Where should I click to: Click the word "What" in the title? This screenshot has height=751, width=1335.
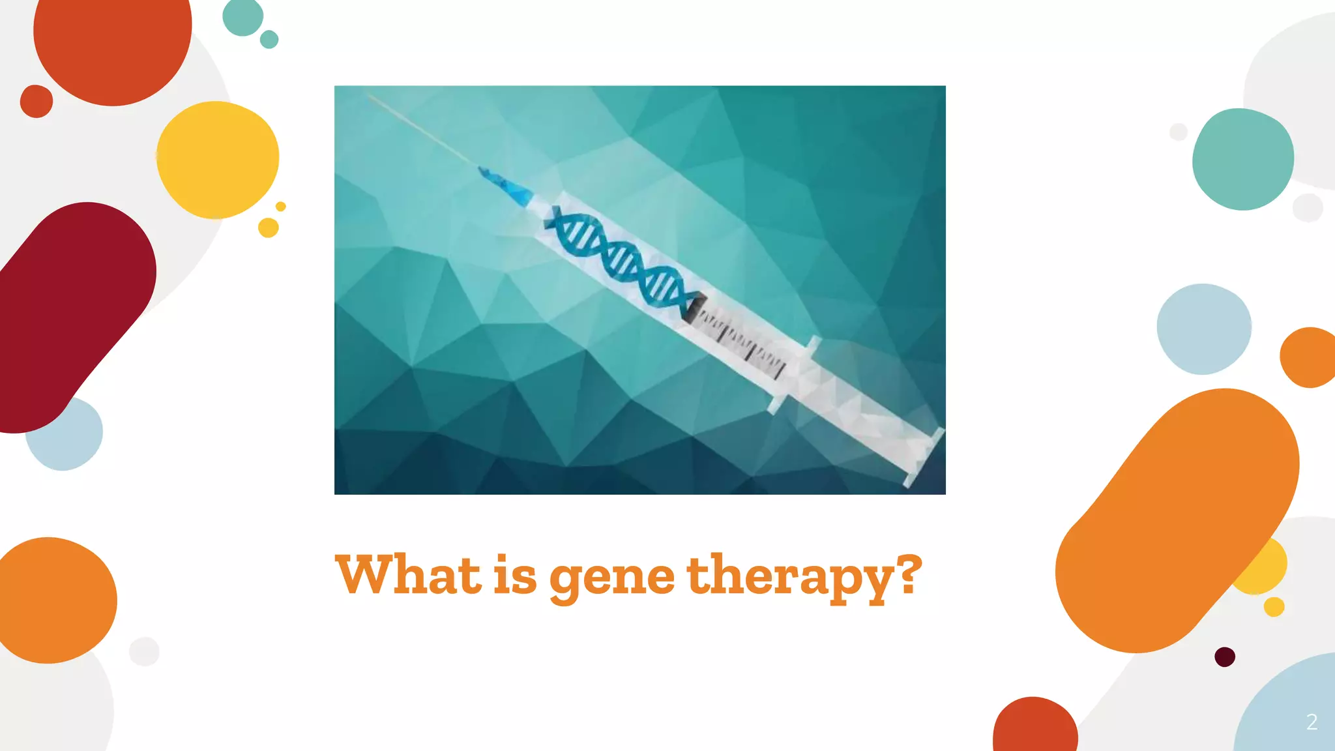(x=408, y=574)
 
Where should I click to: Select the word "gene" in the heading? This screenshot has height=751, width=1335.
(x=611, y=577)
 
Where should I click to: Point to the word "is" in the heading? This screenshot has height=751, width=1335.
(x=514, y=574)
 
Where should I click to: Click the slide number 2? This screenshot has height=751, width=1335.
(x=1312, y=722)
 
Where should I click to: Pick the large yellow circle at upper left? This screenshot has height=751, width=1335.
(x=218, y=160)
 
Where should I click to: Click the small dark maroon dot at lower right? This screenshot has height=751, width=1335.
(x=1225, y=656)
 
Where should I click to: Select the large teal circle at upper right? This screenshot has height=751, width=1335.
(x=1242, y=159)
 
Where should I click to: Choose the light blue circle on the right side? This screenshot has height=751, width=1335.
(x=1203, y=329)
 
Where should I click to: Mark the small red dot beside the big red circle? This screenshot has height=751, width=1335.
(x=37, y=101)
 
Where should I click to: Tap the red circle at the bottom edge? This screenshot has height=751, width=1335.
(x=1034, y=727)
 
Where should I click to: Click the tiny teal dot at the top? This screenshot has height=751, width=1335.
(x=269, y=39)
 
